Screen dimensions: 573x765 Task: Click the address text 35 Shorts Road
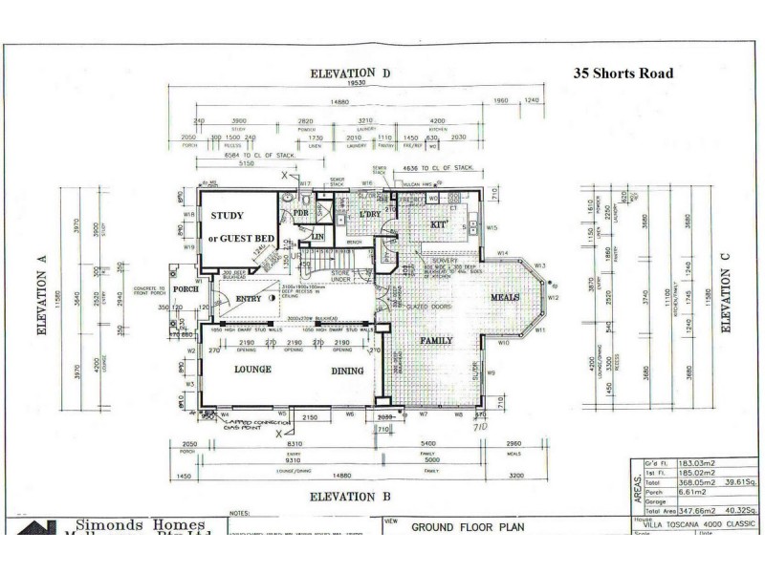pos(623,74)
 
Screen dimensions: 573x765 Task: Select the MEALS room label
pos(504,298)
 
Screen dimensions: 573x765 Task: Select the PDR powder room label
pos(300,213)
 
